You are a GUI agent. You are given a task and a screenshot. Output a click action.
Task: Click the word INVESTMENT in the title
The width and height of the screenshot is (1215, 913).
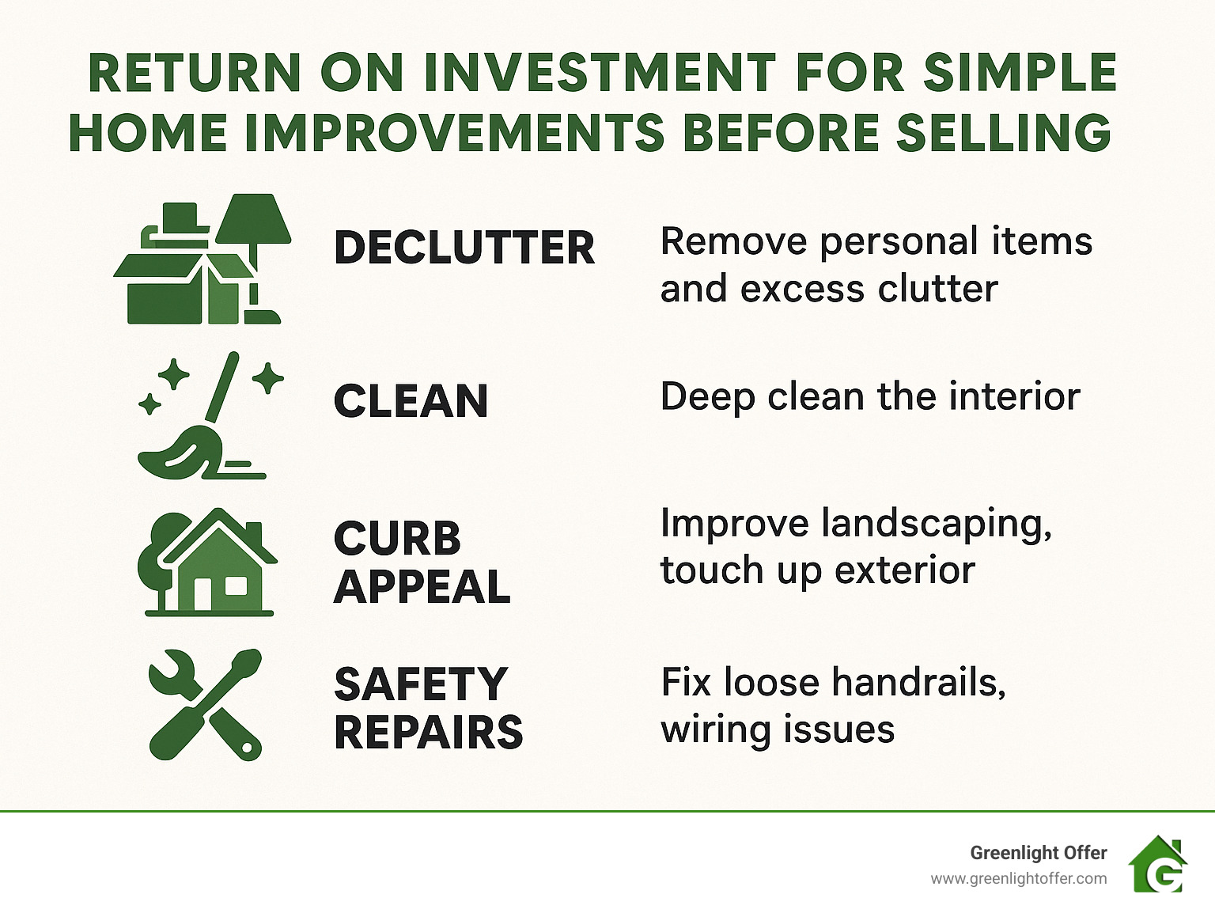(600, 73)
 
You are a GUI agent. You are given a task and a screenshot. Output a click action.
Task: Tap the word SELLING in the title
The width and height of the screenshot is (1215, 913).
(1004, 132)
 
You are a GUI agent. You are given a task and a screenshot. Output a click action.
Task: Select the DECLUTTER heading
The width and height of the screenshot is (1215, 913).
(464, 248)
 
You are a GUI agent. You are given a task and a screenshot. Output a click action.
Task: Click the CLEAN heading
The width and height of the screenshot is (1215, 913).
(411, 401)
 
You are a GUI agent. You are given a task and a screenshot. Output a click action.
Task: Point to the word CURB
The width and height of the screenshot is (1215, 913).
(397, 539)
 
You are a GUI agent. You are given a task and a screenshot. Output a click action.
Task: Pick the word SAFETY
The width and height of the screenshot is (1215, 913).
(420, 684)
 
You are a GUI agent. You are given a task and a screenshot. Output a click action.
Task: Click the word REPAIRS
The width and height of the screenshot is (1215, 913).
(428, 733)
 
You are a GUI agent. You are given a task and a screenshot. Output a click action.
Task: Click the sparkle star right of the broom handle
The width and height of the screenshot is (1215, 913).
(268, 378)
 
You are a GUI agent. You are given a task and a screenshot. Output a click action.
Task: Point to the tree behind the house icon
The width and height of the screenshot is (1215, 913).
(158, 554)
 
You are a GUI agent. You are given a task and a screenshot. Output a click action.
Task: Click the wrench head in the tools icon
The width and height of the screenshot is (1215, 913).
(170, 672)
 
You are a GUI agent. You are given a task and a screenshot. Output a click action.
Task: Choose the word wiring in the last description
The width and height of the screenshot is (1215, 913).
(706, 729)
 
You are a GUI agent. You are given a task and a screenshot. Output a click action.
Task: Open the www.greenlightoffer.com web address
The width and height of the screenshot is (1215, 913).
(1018, 878)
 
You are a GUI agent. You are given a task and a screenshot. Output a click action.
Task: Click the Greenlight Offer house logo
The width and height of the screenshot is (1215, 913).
(1158, 865)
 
